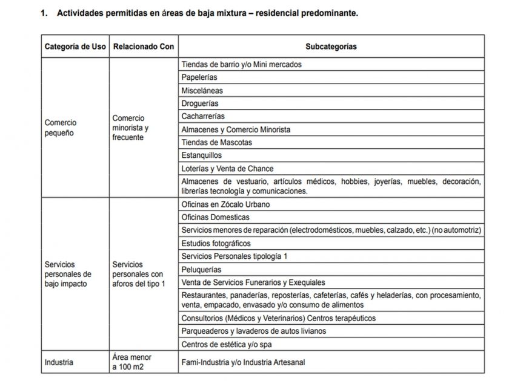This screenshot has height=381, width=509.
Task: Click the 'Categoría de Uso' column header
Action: pos(75,47)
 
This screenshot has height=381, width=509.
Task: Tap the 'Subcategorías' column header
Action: pos(331,47)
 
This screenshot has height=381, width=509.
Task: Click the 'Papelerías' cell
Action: pos(199,77)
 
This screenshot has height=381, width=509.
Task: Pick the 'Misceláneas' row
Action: pos(202,90)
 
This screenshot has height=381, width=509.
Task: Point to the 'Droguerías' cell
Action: pos(200,103)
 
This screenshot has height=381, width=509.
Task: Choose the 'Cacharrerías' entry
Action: pos(203,116)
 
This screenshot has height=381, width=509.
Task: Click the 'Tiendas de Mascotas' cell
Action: pos(216,143)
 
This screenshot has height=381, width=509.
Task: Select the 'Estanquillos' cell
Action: pos(202,155)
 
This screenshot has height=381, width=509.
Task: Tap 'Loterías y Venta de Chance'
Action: pos(227,169)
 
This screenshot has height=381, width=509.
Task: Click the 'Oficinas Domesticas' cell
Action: pos(215,217)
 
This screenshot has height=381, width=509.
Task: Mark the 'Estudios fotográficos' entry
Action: pos(216,243)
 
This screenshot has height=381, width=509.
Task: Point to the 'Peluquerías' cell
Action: pos(201,269)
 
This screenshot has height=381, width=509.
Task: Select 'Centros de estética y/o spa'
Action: pos(227,345)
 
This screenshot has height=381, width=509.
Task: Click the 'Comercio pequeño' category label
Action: pos(61,128)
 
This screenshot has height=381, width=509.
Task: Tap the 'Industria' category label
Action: pos(59,362)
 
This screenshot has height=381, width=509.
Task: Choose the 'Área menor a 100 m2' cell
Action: pos(131,362)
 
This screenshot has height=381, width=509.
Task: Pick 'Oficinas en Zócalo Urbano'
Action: pos(225,204)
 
